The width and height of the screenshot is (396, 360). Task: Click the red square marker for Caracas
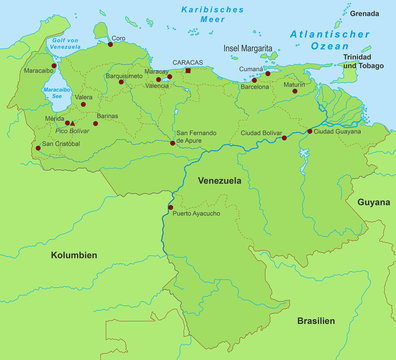188,71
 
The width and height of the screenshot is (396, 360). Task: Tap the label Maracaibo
38,71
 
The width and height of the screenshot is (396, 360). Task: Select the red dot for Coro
110,44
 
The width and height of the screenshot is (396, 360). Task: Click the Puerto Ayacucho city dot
170,207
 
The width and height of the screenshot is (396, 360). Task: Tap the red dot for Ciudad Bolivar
284,138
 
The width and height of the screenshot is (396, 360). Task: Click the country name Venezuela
220,180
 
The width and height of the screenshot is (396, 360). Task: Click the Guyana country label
373,201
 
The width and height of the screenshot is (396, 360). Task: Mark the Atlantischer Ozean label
319,39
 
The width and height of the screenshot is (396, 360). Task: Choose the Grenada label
365,13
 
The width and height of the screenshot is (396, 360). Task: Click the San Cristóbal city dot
39,148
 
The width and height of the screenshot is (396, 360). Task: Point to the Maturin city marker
295,91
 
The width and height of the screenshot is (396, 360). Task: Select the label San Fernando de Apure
198,137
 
